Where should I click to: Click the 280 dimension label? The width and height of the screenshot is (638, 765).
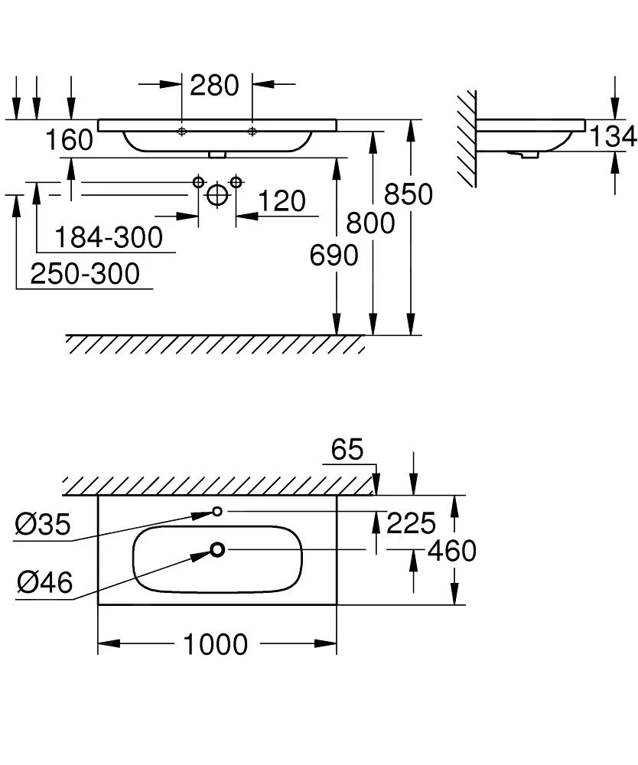pos(214,85)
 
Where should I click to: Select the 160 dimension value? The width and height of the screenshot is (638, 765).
pos(69,140)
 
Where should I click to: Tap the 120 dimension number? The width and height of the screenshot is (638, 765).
pos(281,202)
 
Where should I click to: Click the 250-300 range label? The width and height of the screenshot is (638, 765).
pos(85,273)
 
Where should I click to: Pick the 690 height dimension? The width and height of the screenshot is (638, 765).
pos(334,256)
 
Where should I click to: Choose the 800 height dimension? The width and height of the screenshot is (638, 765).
pos(371,223)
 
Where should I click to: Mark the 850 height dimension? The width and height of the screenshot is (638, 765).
pos(409,194)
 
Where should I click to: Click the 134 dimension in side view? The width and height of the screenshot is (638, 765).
pos(613,136)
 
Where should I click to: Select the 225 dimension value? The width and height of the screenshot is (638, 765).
pos(411,524)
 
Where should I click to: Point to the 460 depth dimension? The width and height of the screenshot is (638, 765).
pos(451,550)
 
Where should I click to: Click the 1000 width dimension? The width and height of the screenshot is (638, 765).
pos(215,644)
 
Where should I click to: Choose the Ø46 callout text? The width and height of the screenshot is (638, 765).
pos(44,583)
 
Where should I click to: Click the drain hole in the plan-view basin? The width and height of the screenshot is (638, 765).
pos(218,549)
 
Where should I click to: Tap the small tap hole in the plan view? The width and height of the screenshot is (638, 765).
pos(217,511)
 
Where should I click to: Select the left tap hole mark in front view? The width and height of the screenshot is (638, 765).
pos(181,132)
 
